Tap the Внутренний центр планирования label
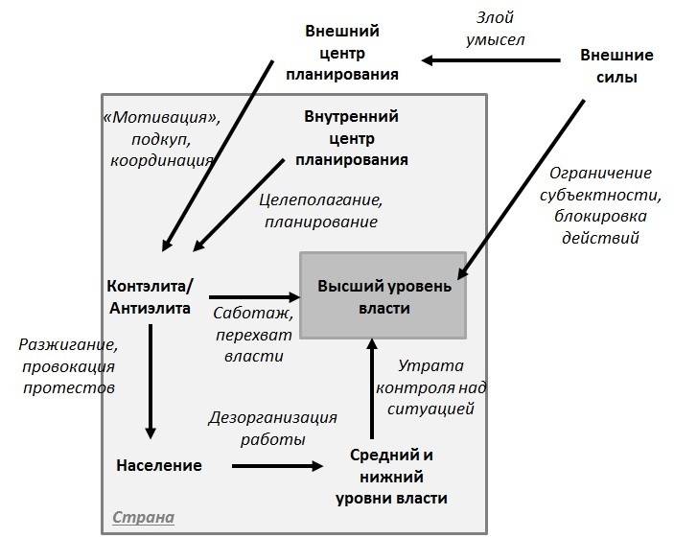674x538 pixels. (x=351, y=138)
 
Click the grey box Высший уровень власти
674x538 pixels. (x=383, y=295)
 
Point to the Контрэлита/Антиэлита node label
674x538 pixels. (x=151, y=296)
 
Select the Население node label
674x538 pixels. (x=159, y=465)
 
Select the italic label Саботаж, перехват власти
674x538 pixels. (x=253, y=334)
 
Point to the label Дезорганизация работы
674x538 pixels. (x=272, y=428)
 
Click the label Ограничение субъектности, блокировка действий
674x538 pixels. (x=601, y=204)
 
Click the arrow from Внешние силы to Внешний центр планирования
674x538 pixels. (x=492, y=60)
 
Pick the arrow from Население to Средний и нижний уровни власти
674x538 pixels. (x=278, y=466)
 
